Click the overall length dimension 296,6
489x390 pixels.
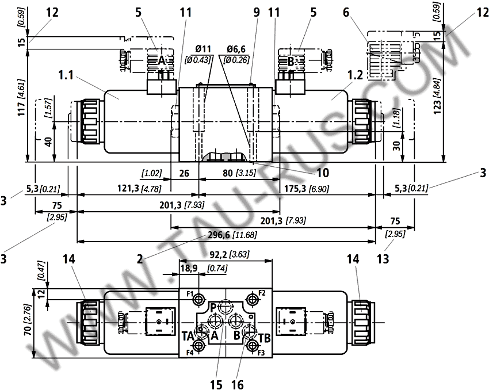(x=219, y=235)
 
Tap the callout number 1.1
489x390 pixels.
(x=66, y=75)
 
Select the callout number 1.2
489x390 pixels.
(x=355, y=75)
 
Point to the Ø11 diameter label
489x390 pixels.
(x=203, y=49)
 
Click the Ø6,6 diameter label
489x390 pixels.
(x=236, y=49)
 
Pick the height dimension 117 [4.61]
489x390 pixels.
(x=22, y=98)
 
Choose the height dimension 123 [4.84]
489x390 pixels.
(x=438, y=95)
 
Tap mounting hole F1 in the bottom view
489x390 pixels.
(x=198, y=300)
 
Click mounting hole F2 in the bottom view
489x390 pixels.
(x=251, y=300)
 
